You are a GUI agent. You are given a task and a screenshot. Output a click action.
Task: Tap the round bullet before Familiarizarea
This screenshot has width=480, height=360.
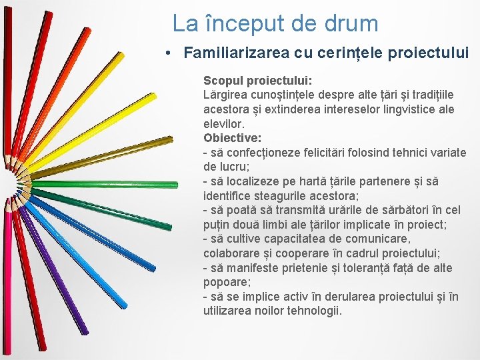[x=171, y=52]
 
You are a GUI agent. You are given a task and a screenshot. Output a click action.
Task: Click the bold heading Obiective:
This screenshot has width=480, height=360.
[x=232, y=138]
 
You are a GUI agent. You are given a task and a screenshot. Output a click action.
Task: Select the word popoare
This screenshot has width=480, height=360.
[x=225, y=283]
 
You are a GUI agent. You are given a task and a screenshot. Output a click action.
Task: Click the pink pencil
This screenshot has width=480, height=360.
[x=11, y=280]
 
